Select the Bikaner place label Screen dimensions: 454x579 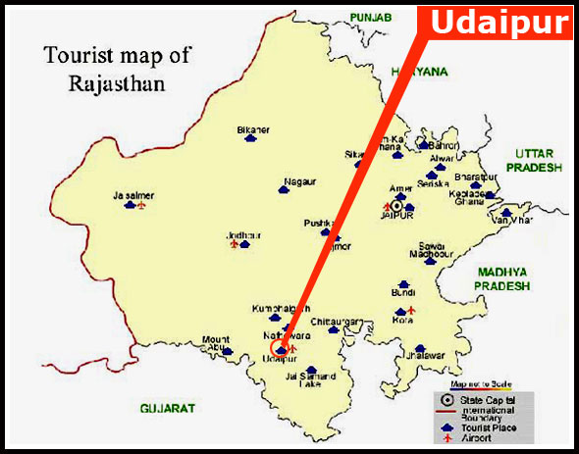pyautogui.click(x=252, y=129)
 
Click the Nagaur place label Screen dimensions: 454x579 pyautogui.click(x=298, y=181)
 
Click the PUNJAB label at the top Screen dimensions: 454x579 pyautogui.click(x=371, y=18)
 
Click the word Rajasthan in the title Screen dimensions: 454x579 pyautogui.click(x=116, y=84)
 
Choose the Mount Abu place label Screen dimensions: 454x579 pyautogui.click(x=216, y=344)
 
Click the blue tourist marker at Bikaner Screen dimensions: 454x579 pyautogui.click(x=251, y=140)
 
